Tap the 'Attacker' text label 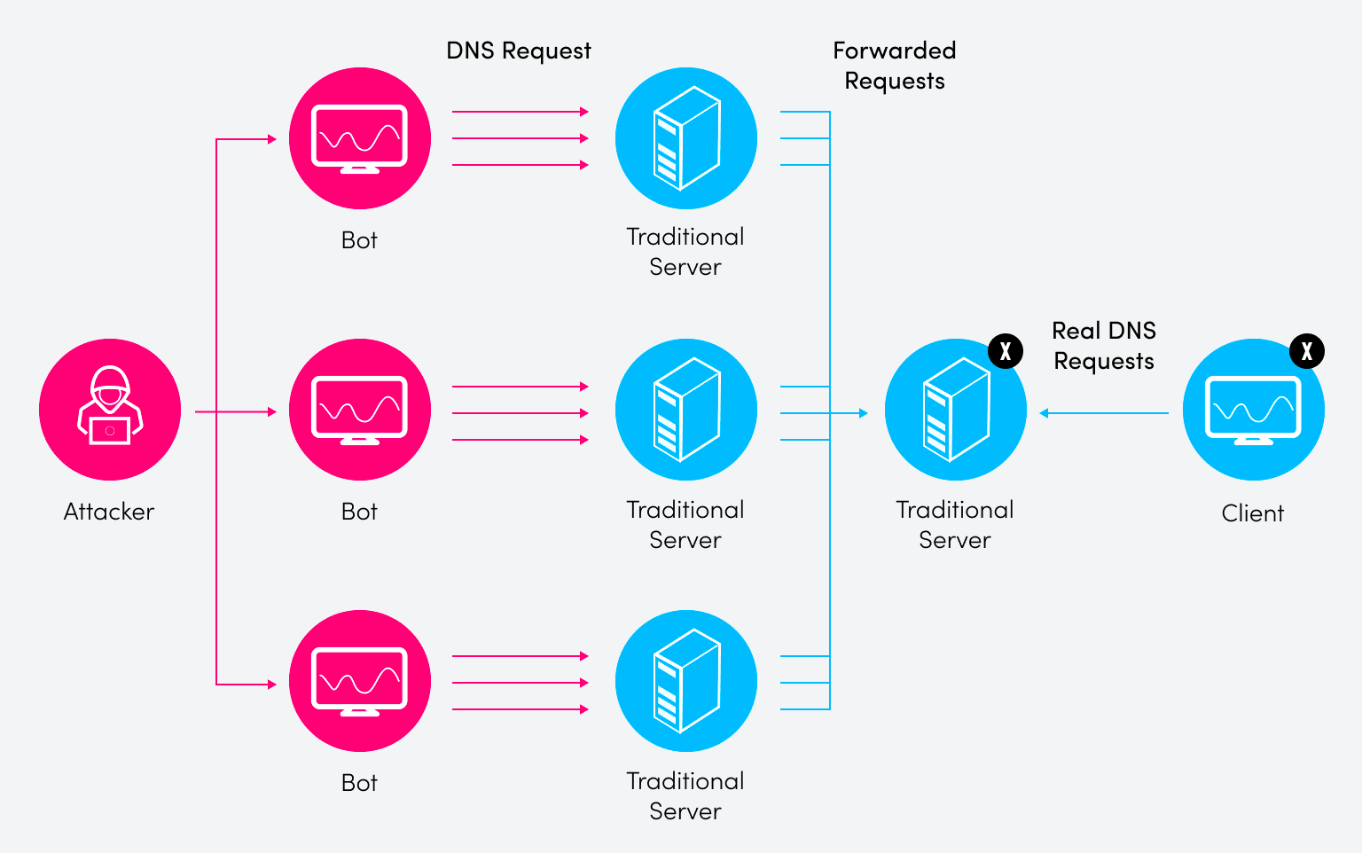coord(109,512)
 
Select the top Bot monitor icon coord(360,138)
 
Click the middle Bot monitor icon coord(360,410)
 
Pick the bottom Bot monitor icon coord(360,681)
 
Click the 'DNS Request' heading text coord(519,51)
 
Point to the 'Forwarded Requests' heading coord(894,66)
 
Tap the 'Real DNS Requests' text coord(1104,346)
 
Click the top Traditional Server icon coord(685,138)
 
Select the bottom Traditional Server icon coord(685,681)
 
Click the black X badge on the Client coord(1306,352)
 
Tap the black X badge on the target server coord(1005,352)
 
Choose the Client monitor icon coord(1253,410)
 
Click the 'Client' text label coord(1252,513)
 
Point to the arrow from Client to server coord(1104,413)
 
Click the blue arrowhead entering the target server coord(863,413)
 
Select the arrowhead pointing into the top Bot coord(272,139)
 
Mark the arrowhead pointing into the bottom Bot coord(272,685)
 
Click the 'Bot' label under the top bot coord(359,240)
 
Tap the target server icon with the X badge coord(955,410)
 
